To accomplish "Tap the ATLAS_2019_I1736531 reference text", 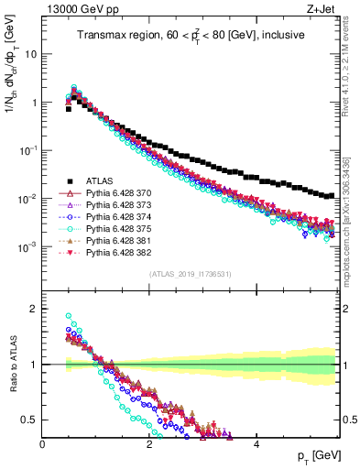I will tap(190, 274).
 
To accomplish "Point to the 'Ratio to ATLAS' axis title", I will tap(14, 364).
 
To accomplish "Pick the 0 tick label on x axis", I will tap(43, 444).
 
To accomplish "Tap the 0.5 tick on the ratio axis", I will tap(30, 420).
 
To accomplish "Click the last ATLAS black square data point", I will tap(331, 195).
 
